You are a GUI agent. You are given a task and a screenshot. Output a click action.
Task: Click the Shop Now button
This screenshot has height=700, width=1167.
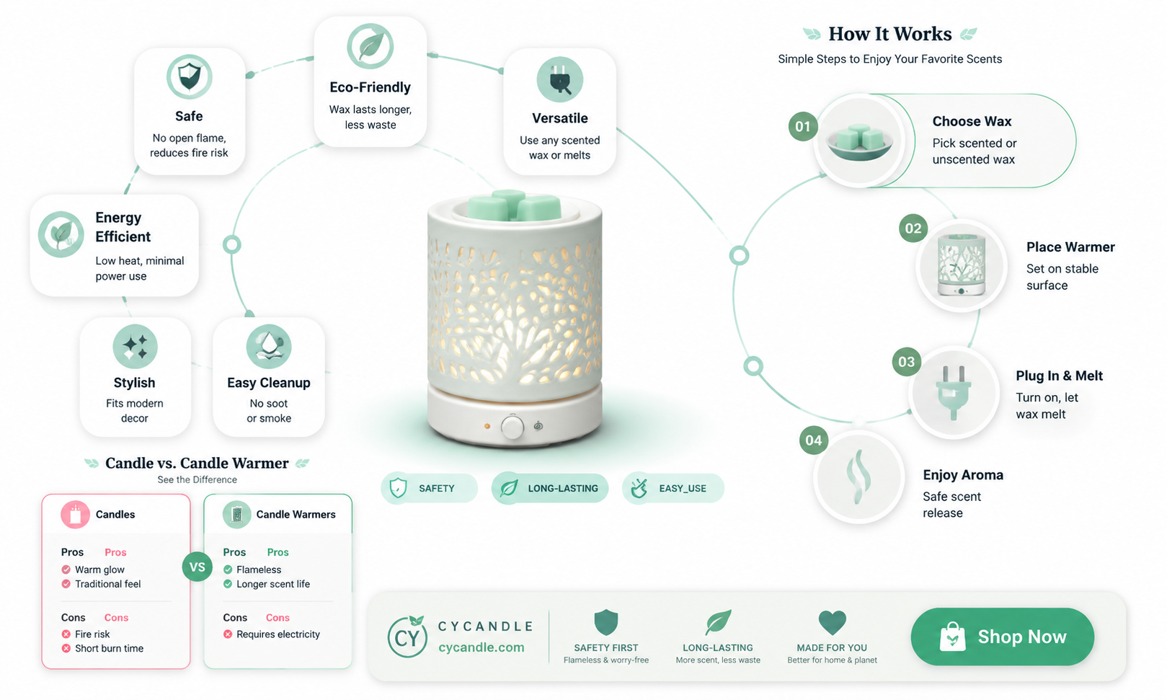pos(1003,637)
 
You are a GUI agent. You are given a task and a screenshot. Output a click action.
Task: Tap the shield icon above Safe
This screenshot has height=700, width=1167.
pos(189,76)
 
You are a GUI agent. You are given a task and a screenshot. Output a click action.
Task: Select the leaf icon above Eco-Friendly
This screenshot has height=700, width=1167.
pos(370,46)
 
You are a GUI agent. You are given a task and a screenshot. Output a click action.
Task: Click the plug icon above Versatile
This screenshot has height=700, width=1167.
pos(560,79)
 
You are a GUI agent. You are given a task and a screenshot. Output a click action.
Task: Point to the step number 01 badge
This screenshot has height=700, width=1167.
pos(803,126)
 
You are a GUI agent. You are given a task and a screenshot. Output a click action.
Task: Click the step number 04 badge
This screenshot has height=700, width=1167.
pos(814,440)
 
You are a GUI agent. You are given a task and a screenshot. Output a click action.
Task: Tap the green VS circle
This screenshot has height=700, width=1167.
pos(198,567)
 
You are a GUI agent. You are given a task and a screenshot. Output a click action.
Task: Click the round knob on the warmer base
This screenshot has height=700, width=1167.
pos(512,427)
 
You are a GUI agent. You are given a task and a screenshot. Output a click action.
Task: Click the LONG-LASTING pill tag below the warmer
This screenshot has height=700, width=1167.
pos(550,488)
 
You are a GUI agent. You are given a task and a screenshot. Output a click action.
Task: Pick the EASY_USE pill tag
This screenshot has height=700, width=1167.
pos(673,488)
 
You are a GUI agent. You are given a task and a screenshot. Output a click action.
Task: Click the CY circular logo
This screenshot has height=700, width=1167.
pos(407,637)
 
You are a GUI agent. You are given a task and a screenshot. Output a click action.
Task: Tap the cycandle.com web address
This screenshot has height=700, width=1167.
pos(482,647)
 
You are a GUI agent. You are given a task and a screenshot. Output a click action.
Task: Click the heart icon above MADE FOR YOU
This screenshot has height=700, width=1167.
pos(832,622)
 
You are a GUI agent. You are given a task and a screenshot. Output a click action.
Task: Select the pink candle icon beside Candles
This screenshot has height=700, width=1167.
pos(75,515)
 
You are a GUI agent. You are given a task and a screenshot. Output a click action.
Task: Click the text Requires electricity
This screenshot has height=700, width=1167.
pos(278,634)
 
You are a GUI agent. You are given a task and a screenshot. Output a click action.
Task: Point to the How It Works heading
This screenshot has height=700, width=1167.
pos(889,34)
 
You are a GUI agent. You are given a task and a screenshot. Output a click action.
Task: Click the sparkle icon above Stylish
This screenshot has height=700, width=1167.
pos(135,347)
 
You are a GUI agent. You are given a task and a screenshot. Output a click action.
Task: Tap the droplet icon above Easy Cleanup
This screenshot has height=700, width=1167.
pos(269,347)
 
